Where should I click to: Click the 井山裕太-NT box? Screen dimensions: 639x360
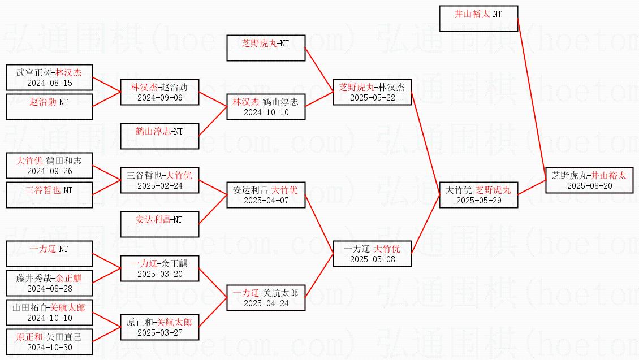coord(478,19)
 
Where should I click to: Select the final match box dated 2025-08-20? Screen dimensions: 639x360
coord(589,180)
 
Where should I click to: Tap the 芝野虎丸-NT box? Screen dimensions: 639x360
coord(266,48)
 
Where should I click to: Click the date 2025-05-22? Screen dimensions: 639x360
coord(373,98)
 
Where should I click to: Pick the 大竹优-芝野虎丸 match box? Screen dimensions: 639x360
coord(478,194)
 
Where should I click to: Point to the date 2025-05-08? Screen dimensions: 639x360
coord(373,259)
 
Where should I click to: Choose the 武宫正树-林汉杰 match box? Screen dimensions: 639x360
coord(49,77)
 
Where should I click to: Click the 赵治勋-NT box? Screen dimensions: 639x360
coord(49,107)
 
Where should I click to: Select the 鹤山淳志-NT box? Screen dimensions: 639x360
coord(159,136)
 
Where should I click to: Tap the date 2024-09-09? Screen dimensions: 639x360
coord(159,98)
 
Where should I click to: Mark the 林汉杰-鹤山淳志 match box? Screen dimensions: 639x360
coord(266,107)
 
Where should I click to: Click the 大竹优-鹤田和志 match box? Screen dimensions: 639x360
coord(49,166)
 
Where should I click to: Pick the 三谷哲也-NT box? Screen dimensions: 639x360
coord(49,194)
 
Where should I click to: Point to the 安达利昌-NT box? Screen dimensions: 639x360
coord(159,224)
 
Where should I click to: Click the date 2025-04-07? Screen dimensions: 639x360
coord(266,201)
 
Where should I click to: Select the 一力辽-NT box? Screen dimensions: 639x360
coord(49,254)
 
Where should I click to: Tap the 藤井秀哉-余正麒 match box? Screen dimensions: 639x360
coord(49,283)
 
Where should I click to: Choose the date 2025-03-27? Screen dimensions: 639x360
coord(159,333)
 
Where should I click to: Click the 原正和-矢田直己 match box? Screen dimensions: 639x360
coord(49,342)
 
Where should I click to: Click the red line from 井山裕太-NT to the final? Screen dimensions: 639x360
coord(532,99)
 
